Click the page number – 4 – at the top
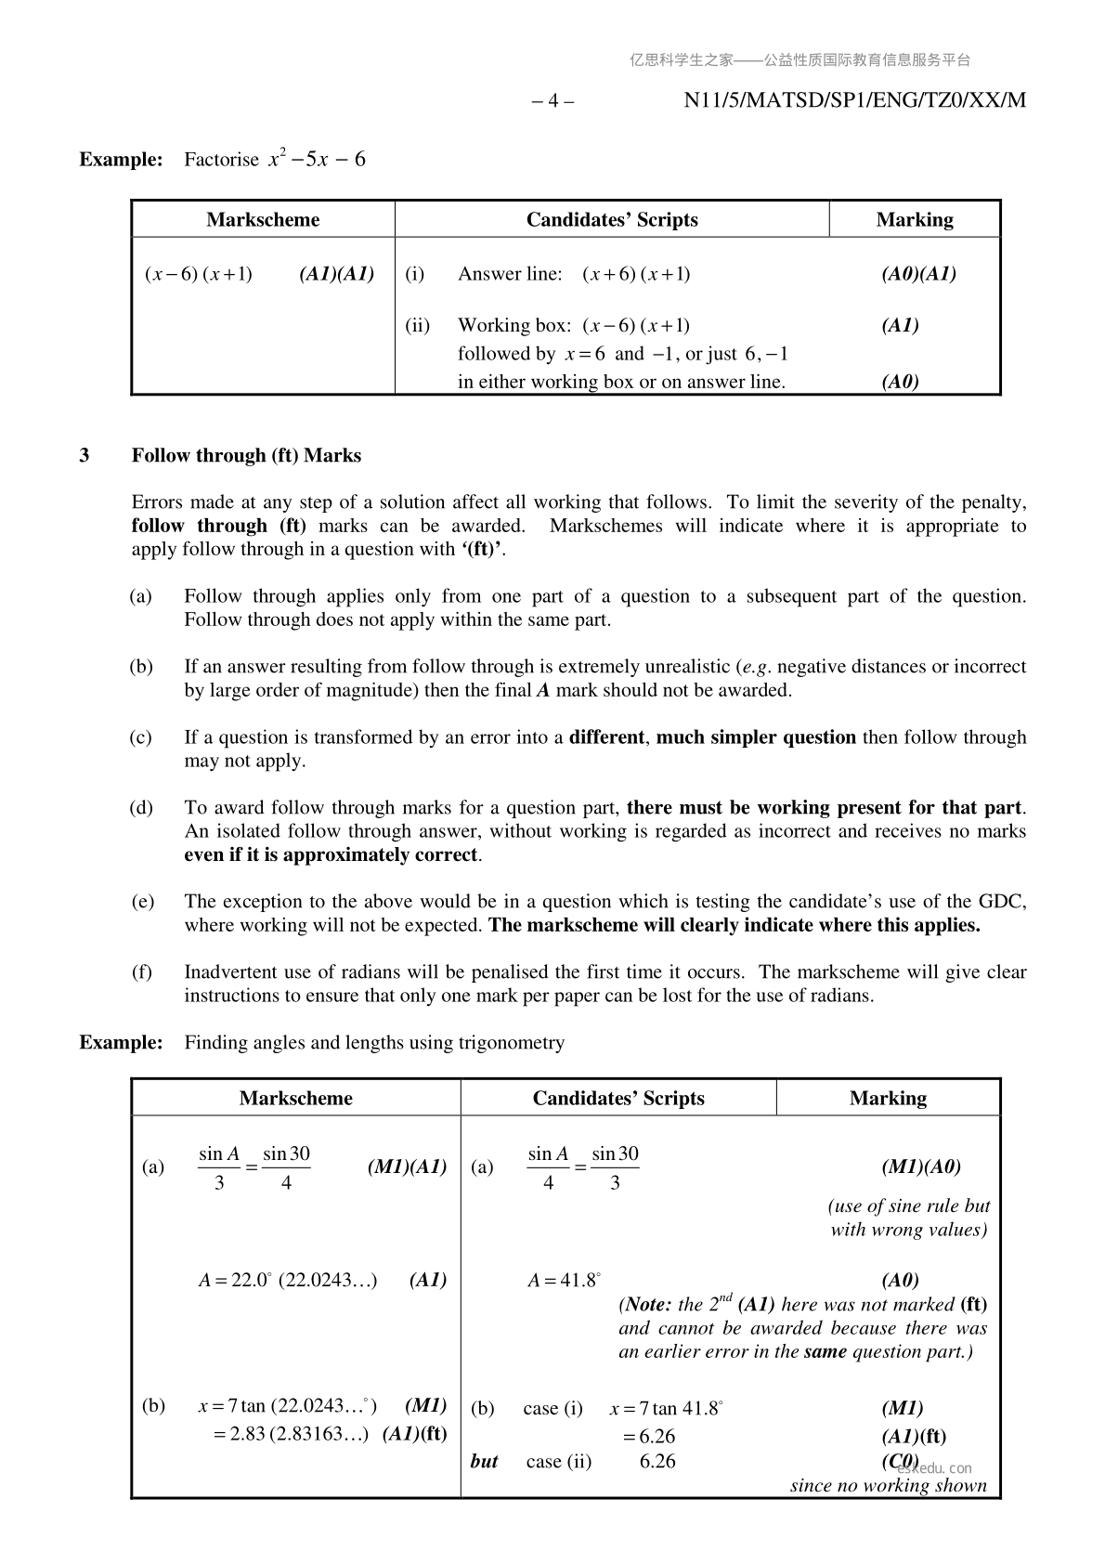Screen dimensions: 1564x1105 [x=552, y=101]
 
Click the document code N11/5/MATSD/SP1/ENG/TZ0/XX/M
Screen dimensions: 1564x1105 [x=854, y=101]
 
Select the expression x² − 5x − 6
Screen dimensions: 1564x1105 [x=317, y=160]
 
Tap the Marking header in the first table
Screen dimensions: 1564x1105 [x=914, y=220]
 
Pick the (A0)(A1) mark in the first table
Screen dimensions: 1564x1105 [x=918, y=274]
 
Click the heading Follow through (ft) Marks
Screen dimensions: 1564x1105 [x=246, y=456]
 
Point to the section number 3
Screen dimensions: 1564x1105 [x=84, y=456]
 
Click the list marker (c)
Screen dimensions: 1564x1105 [x=141, y=737]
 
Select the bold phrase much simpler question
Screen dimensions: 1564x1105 [x=756, y=737]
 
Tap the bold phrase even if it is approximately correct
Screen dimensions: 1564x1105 [x=331, y=855]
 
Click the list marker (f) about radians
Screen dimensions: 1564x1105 [x=141, y=972]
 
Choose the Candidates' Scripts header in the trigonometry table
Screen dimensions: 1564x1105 [x=618, y=1099]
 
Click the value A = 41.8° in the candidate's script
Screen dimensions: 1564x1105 [x=565, y=1281]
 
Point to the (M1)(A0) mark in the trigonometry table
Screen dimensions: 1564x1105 [x=920, y=1167]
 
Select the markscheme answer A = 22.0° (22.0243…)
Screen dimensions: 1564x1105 [x=288, y=1281]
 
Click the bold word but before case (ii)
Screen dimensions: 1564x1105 [x=484, y=1462]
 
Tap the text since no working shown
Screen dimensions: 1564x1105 [x=888, y=1486]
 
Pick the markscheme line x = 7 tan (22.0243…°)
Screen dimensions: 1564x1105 [x=288, y=1407]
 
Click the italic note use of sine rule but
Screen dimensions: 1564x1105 [x=908, y=1206]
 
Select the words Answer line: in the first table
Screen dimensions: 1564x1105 [x=510, y=274]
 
